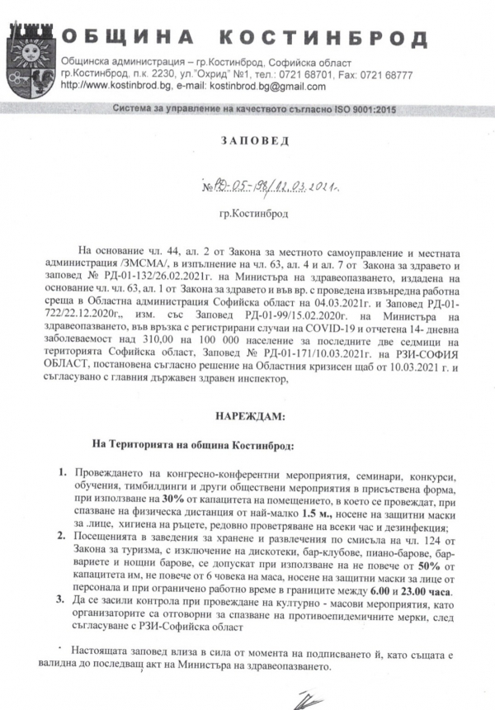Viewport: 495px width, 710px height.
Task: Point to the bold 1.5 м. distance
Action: tap(313, 512)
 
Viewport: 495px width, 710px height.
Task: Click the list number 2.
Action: tap(62, 537)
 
